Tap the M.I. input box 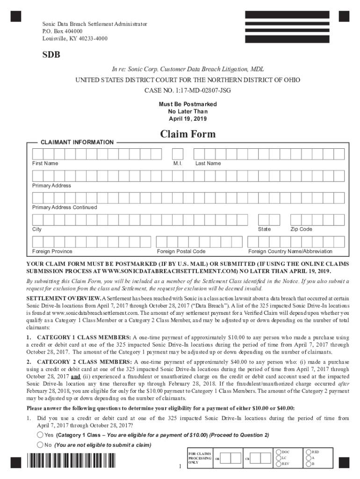click(178, 154)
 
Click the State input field click(271, 220)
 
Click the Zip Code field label click(301, 229)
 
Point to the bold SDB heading click(51, 55)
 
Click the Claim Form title click(188, 134)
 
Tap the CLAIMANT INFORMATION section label click(77, 142)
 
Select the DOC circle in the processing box click(279, 452)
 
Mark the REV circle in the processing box click(279, 464)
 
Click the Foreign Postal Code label click(181, 251)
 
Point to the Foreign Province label click(52, 251)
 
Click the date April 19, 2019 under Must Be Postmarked click(188, 119)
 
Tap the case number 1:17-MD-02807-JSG click(188, 89)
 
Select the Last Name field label click(208, 163)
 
